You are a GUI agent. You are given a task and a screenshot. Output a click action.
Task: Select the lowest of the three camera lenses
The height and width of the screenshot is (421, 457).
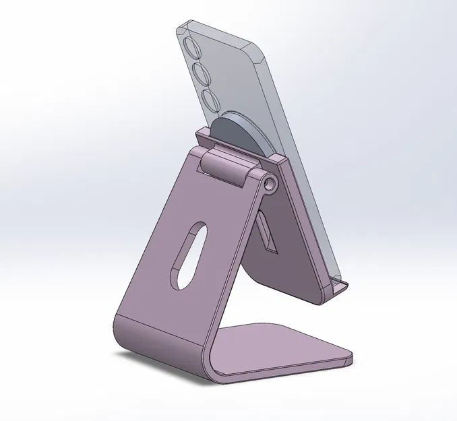[210, 100]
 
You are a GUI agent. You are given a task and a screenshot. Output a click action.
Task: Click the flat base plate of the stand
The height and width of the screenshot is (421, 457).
[283, 347]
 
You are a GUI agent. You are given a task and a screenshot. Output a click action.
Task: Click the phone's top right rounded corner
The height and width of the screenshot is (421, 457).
[264, 51]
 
